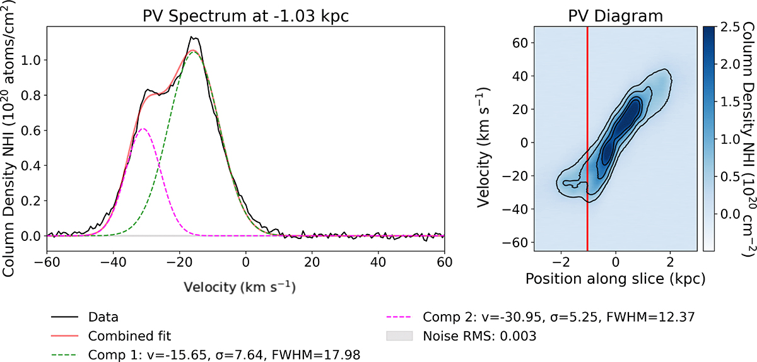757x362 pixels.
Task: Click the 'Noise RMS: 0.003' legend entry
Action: pyautogui.click(x=480, y=336)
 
